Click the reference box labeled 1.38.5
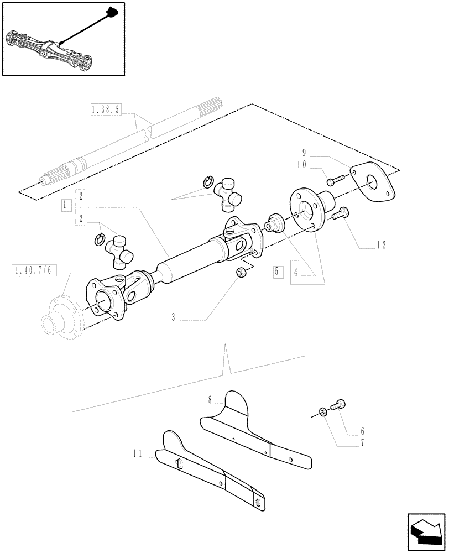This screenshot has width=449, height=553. [105, 110]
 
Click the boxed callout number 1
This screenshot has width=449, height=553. [66, 205]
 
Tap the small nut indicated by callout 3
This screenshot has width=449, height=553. [241, 272]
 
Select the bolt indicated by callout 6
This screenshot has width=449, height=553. [338, 405]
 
